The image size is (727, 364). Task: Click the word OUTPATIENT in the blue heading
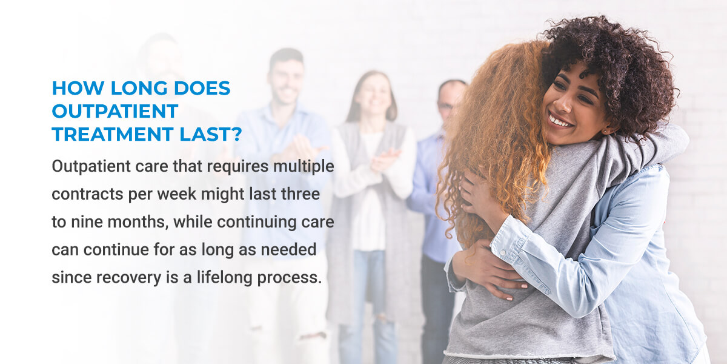pos(115,111)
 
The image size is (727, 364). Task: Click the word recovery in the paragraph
pos(115,278)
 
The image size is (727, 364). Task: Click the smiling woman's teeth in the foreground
pos(560,120)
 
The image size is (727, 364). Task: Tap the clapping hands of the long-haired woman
pos(382,160)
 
